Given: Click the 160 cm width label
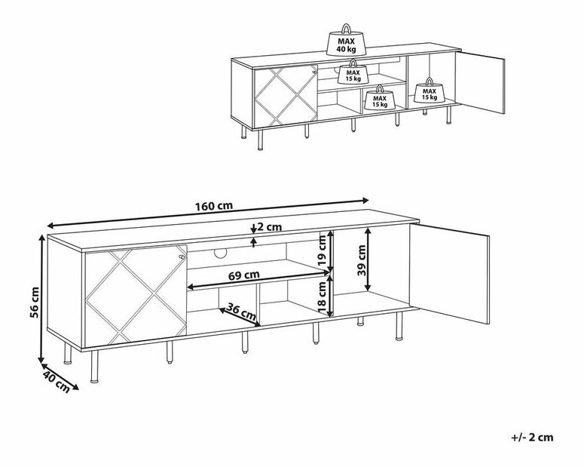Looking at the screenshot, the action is coord(214,205).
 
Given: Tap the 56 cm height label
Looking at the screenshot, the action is coord(34,303).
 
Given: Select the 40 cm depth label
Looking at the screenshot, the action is coord(57,380).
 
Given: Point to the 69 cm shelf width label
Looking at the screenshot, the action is coord(244,276).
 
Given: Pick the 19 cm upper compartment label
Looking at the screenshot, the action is coord(323,249).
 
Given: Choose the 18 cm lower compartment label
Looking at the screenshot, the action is coord(323,297).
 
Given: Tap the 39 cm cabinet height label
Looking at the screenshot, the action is coord(361,260).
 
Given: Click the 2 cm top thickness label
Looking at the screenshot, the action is coord(269,227).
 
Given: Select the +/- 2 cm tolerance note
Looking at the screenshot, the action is coord(533,437).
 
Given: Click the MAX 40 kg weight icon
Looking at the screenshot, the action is coord(347,40).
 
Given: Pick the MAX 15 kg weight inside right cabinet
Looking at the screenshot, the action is coord(430,90).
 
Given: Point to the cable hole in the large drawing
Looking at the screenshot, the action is coord(221,253).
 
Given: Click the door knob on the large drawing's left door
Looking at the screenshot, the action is coord(182,257).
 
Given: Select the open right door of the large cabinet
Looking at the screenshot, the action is coord(450,273).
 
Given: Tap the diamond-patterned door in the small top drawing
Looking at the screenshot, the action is coord(286,96).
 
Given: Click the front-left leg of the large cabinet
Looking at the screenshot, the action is coord(95,367).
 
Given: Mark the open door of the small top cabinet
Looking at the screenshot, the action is coord(481,82).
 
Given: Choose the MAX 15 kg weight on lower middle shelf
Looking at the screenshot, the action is coord(380,97).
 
